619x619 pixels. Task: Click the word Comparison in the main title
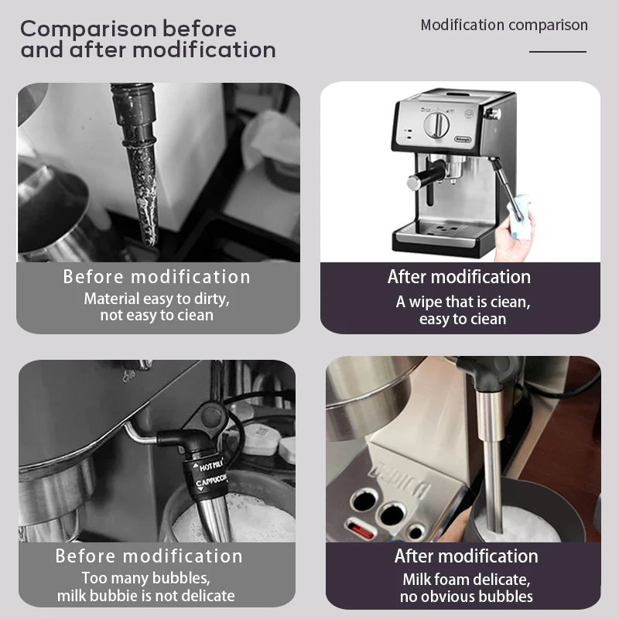(88, 29)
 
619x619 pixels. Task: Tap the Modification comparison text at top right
(504, 25)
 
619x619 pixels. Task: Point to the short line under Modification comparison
(557, 52)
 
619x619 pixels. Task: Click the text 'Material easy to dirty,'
(157, 299)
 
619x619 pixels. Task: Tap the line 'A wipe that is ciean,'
(463, 302)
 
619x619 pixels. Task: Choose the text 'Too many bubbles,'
(146, 578)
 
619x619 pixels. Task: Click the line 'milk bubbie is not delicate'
(146, 596)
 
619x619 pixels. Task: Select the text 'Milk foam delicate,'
(467, 579)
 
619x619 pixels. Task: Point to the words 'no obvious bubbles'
(467, 597)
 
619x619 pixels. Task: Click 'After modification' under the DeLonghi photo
(459, 277)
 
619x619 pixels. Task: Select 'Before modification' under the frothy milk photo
(149, 556)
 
